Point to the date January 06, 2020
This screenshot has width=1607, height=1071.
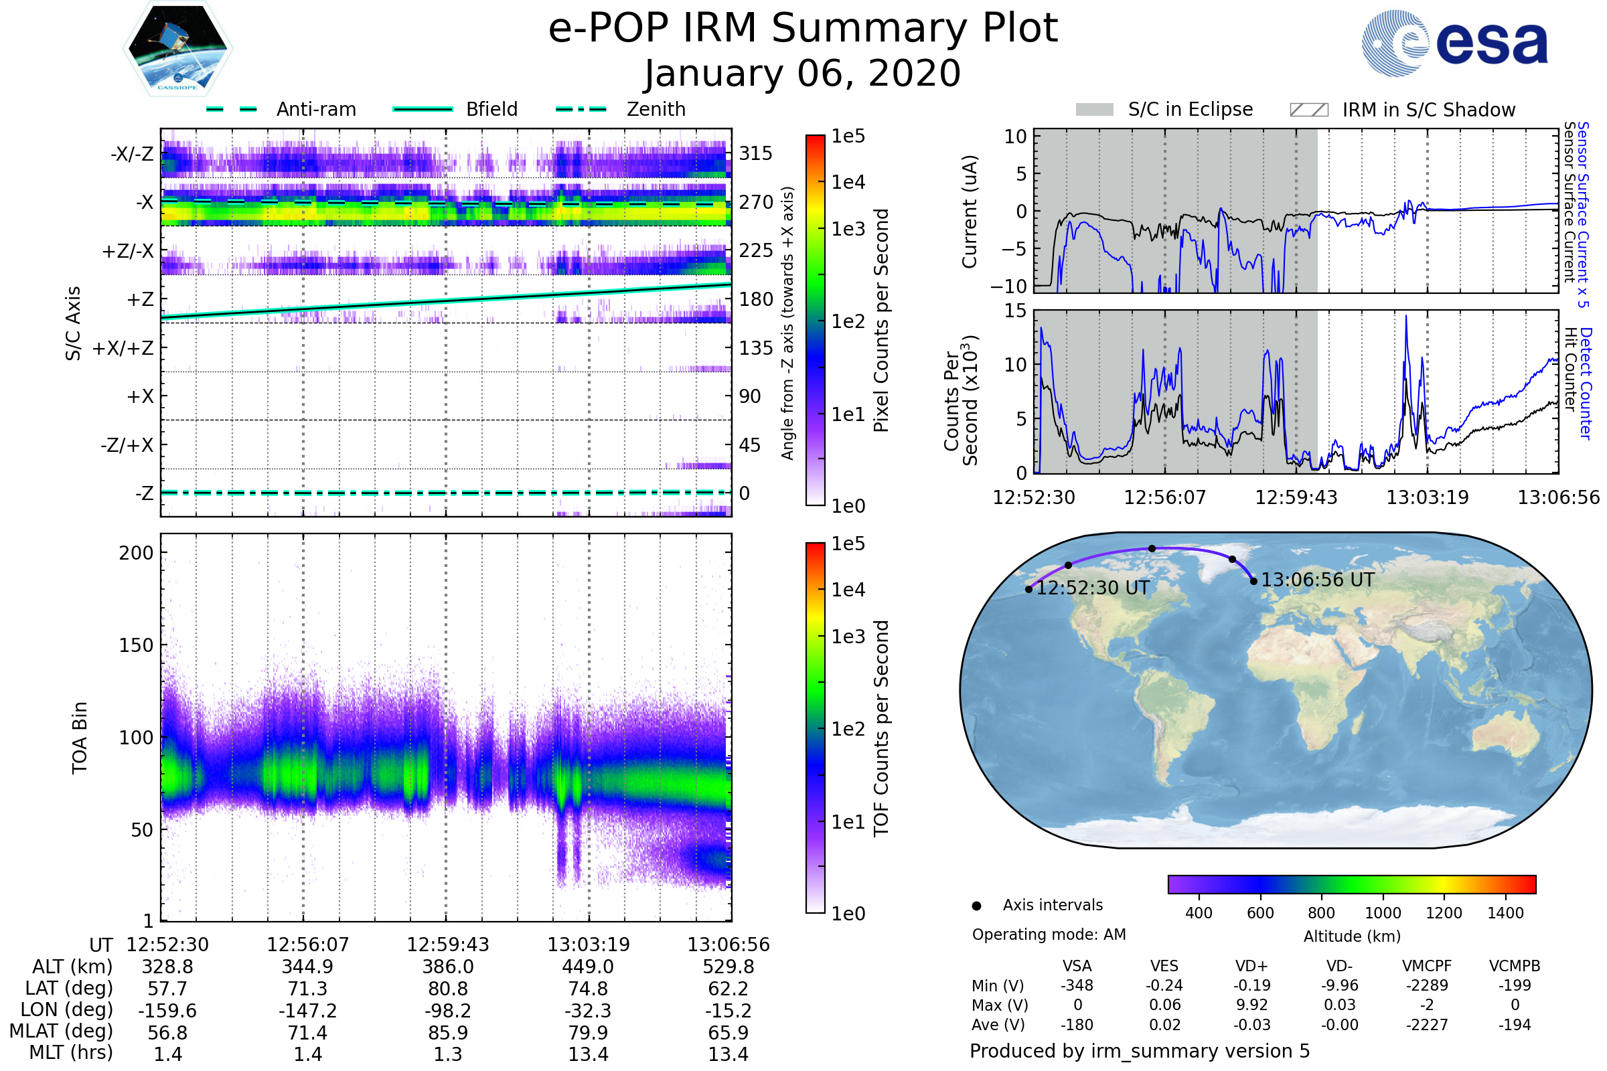tap(803, 74)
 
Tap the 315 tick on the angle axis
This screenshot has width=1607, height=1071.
tap(755, 153)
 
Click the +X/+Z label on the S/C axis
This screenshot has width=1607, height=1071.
tap(123, 348)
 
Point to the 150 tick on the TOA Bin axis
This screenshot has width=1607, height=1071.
tap(136, 645)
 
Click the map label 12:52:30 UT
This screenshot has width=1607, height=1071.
tap(1093, 588)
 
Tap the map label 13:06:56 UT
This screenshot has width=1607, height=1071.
tap(1317, 580)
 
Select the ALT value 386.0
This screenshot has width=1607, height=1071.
tap(447, 967)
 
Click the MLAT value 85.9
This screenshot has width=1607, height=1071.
tap(447, 1033)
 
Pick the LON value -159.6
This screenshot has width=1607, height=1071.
tap(167, 1010)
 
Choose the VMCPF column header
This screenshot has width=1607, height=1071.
tap(1427, 966)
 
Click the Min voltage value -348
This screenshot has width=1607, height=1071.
tap(1077, 985)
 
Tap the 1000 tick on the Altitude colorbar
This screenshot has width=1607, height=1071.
tap(1382, 913)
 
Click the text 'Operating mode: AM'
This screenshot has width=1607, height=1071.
tap(1049, 934)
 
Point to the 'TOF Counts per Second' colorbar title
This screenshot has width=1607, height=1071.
tap(881, 728)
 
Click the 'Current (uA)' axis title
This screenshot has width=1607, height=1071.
tap(970, 212)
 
